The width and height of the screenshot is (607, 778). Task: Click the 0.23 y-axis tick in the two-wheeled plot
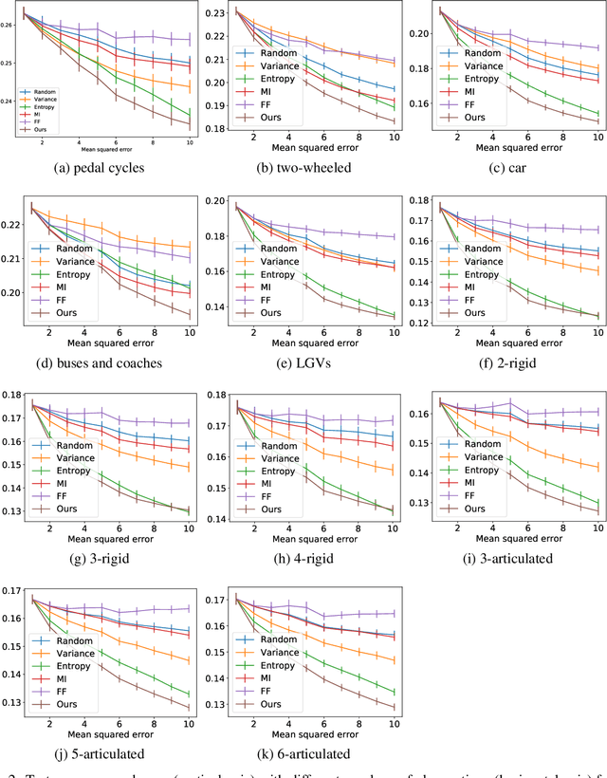click(x=215, y=12)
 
